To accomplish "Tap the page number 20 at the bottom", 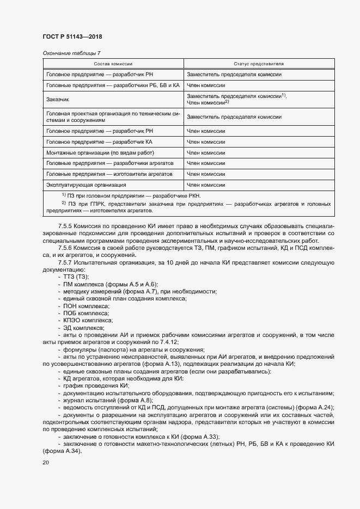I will (x=46, y=462).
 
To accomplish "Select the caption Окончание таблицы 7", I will (x=71, y=53).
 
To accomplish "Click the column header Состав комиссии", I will (x=113, y=64).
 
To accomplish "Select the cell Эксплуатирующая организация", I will (x=78, y=185).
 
